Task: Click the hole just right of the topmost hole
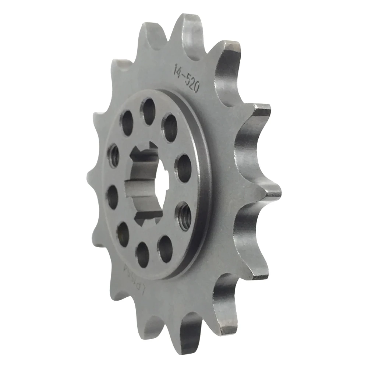[x=170, y=127]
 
